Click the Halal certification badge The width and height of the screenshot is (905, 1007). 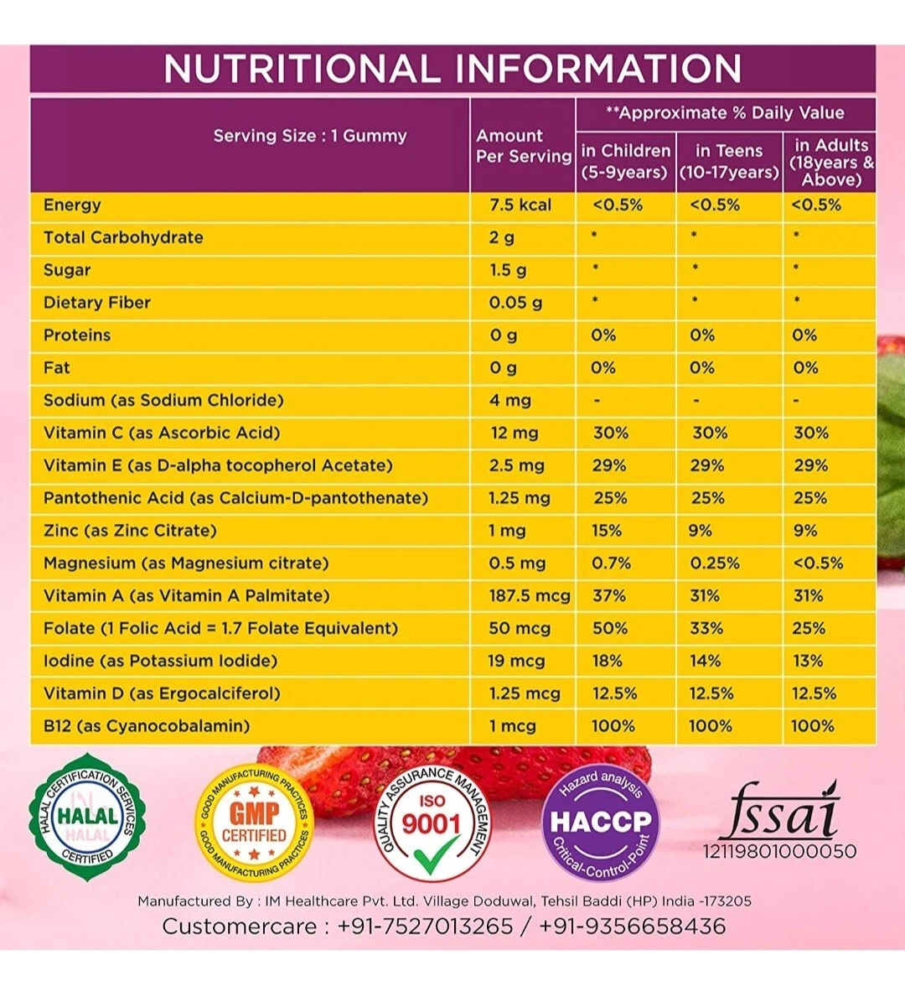pyautogui.click(x=87, y=818)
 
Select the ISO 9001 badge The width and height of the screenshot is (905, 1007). pyautogui.click(x=432, y=823)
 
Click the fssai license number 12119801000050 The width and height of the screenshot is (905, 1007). pyautogui.click(x=779, y=851)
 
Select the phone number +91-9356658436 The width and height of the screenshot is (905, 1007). pyautogui.click(x=632, y=926)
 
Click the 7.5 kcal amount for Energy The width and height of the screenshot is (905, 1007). pyautogui.click(x=520, y=205)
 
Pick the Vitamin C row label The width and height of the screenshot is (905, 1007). pyautogui.click(x=162, y=433)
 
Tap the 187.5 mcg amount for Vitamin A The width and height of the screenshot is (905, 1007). pyautogui.click(x=530, y=595)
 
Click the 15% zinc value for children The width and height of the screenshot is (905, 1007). pyautogui.click(x=607, y=530)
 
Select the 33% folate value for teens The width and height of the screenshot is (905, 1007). pyautogui.click(x=706, y=628)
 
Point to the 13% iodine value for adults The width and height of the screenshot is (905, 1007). pyautogui.click(x=809, y=661)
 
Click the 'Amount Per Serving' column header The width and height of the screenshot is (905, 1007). pyautogui.click(x=523, y=145)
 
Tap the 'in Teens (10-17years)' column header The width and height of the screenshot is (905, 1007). pyautogui.click(x=729, y=161)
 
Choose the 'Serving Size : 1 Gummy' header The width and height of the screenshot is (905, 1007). pyautogui.click(x=309, y=136)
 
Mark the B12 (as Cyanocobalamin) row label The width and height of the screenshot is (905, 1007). pyautogui.click(x=147, y=726)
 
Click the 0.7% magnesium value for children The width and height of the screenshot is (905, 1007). pyautogui.click(x=611, y=563)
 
